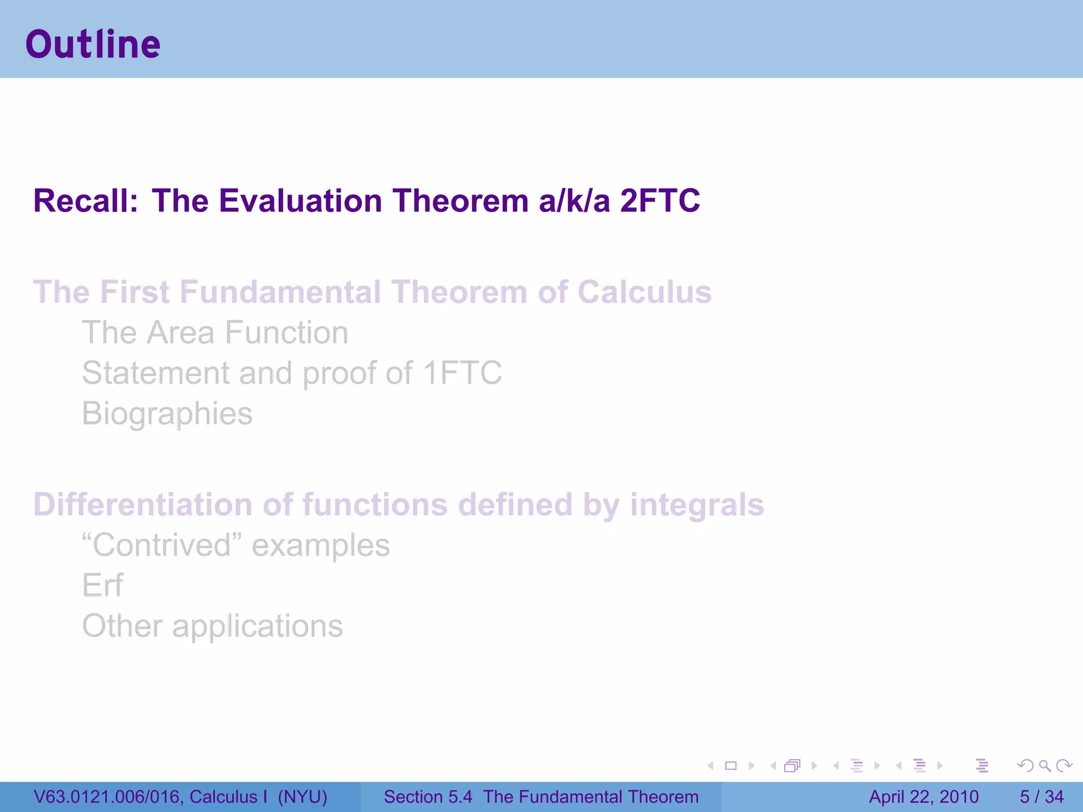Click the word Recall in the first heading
pos(85,201)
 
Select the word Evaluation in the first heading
pos(300,201)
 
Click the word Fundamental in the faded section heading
pos(280,292)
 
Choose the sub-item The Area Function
pos(215,333)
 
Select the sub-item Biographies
pos(167,413)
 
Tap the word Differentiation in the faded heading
pos(143,504)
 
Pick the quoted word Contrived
pos(162,545)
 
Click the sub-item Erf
pos(103,585)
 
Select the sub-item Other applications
pos(213,626)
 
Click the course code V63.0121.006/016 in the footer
pos(106,797)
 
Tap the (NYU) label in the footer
pos(302,797)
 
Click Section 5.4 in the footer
pos(428,797)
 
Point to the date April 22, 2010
pos(923,797)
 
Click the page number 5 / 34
pos(1041,797)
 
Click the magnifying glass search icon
pos(1044,765)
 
